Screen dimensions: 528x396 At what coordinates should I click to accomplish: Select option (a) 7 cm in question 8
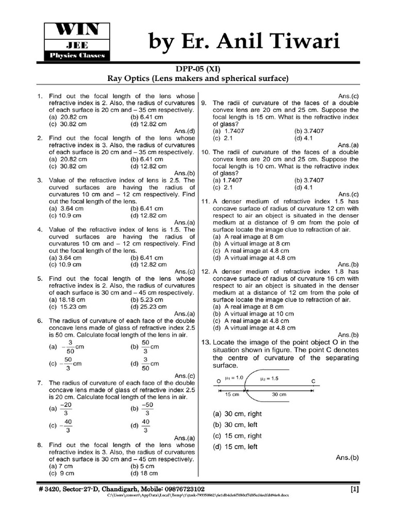tap(61, 466)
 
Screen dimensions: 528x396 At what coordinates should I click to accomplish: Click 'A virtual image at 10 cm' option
tap(253, 313)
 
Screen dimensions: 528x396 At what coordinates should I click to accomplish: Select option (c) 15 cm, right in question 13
tap(235, 436)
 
